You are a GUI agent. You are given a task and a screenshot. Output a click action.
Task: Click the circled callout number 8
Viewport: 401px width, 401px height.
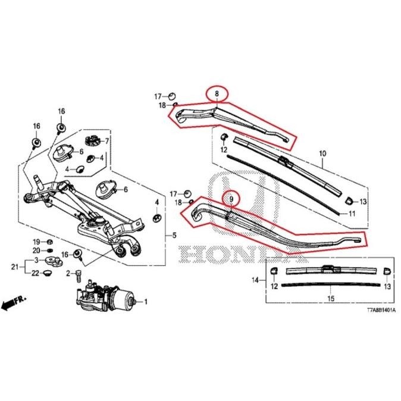click(217, 93)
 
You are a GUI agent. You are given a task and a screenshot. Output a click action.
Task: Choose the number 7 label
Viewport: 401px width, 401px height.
click(107, 141)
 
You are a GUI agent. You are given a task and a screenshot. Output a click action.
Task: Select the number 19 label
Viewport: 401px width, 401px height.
click(35, 242)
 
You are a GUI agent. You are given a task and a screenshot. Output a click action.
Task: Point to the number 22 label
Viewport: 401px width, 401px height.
click(36, 273)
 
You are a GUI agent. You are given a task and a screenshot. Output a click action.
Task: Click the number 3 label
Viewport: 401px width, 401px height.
click(36, 261)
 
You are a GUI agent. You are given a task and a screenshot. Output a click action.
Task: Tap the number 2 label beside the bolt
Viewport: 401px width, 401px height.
click(69, 273)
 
